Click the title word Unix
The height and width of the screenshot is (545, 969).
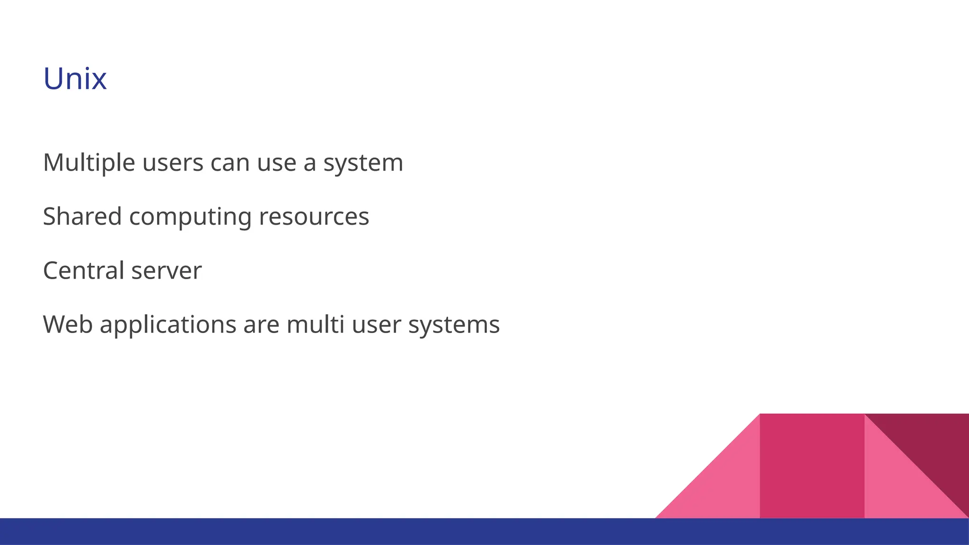(x=75, y=79)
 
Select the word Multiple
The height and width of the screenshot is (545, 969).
(x=89, y=163)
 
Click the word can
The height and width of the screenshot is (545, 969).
(x=230, y=163)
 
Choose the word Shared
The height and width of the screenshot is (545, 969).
(x=82, y=217)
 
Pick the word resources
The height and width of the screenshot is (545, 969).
(x=314, y=217)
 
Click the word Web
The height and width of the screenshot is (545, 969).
(x=68, y=325)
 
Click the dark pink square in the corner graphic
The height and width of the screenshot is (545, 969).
(x=812, y=466)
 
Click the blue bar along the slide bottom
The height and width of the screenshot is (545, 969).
(x=484, y=532)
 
